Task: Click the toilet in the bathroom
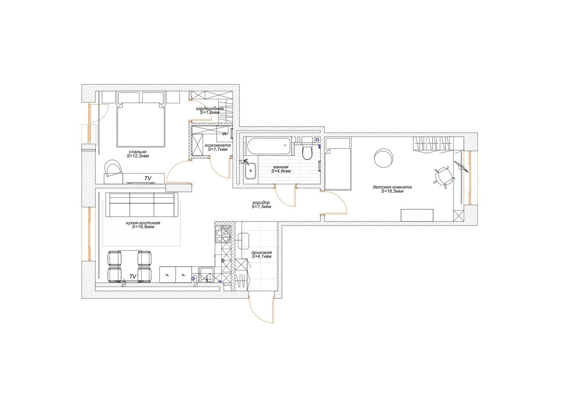click(307, 152)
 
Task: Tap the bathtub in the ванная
click(269, 146)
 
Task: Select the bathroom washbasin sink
click(250, 171)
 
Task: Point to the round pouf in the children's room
click(384, 158)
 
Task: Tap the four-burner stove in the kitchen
click(223, 234)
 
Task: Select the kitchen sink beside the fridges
click(207, 275)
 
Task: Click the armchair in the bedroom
click(113, 168)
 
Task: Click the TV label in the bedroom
click(148, 178)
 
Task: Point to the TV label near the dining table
click(133, 276)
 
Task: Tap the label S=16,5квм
click(392, 191)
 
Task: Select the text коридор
click(261, 202)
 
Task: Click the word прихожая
click(262, 252)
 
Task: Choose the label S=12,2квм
click(138, 156)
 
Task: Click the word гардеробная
click(210, 108)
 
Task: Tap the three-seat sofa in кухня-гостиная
click(142, 204)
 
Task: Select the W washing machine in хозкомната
click(225, 134)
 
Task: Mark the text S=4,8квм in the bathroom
click(281, 171)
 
